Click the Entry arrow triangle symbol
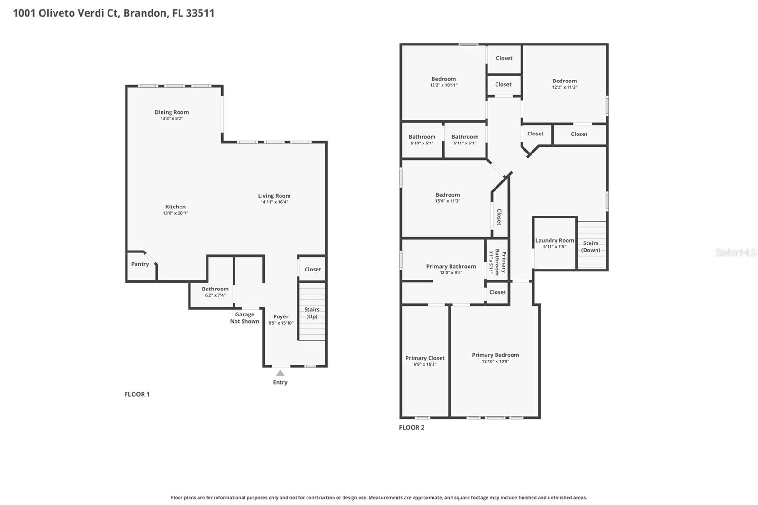pyautogui.click(x=280, y=373)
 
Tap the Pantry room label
pyautogui.click(x=140, y=264)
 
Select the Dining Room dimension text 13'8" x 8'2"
pyautogui.click(x=171, y=118)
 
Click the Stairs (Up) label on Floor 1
pyautogui.click(x=312, y=313)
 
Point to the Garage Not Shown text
pyautogui.click(x=244, y=318)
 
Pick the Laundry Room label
pyautogui.click(x=554, y=241)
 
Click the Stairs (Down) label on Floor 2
pyautogui.click(x=591, y=246)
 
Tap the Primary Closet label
pyautogui.click(x=425, y=358)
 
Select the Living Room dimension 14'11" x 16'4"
pyautogui.click(x=274, y=202)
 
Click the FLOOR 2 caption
pyautogui.click(x=412, y=427)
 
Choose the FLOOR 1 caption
pyautogui.click(x=137, y=394)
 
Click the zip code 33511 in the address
pyautogui.click(x=200, y=13)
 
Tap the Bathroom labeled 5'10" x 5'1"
pyautogui.click(x=422, y=137)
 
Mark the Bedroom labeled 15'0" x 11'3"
pyautogui.click(x=448, y=195)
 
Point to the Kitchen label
pyautogui.click(x=175, y=207)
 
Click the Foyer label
pyautogui.click(x=281, y=316)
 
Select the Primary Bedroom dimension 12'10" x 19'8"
pyautogui.click(x=495, y=361)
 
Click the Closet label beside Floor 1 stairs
pyautogui.click(x=313, y=269)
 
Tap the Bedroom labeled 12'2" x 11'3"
pyautogui.click(x=564, y=81)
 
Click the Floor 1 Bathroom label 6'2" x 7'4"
pyautogui.click(x=215, y=289)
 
